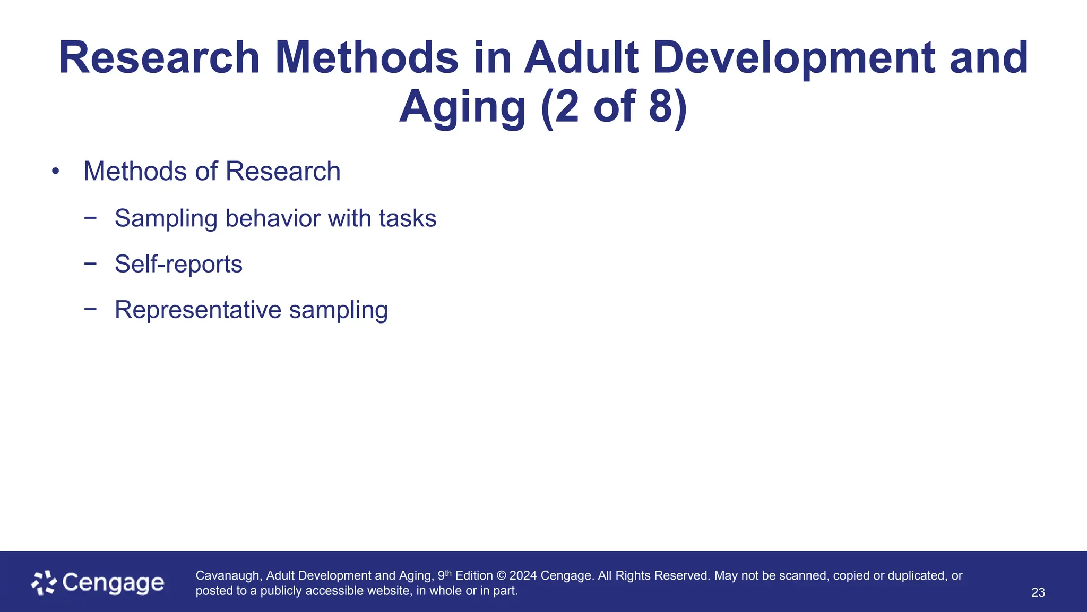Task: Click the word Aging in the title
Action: [x=462, y=107]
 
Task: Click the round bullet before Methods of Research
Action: [x=55, y=172]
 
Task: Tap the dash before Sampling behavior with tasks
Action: [x=90, y=217]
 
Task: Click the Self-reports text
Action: [x=178, y=264]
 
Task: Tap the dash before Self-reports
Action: [x=90, y=263]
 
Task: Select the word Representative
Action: [x=197, y=310]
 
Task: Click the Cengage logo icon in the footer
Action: [x=44, y=583]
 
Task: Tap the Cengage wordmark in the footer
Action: [x=113, y=583]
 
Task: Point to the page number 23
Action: [x=1038, y=592]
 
